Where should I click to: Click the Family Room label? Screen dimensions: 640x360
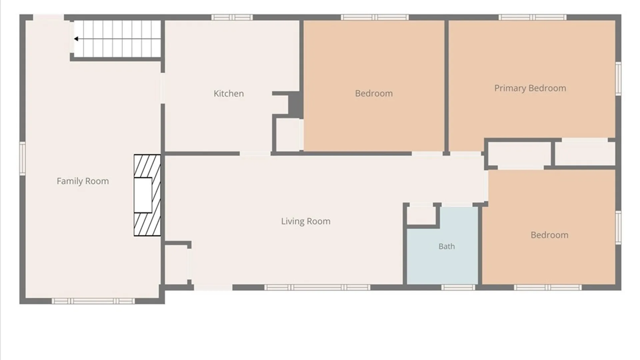83,181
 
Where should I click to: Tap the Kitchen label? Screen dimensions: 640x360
229,93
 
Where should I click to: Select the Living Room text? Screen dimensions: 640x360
306,221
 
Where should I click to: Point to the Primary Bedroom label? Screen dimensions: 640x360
530,88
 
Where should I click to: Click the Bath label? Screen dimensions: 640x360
447,246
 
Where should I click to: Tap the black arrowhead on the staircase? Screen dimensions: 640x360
76,39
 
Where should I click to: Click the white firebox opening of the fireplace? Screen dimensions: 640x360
143,195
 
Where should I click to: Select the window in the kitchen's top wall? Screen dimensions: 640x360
232,17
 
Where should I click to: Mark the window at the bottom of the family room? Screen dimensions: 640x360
93,301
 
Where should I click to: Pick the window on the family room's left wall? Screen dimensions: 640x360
22,158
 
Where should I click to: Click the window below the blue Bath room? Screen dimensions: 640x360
458,287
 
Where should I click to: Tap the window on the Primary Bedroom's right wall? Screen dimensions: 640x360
618,79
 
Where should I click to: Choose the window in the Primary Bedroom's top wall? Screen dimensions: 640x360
532,17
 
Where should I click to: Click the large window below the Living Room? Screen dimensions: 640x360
317,287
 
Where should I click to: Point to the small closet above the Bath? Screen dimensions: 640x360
421,215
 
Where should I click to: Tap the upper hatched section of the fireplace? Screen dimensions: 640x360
147,166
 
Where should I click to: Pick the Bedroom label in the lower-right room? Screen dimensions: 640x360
549,235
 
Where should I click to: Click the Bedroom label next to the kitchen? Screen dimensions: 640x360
374,93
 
